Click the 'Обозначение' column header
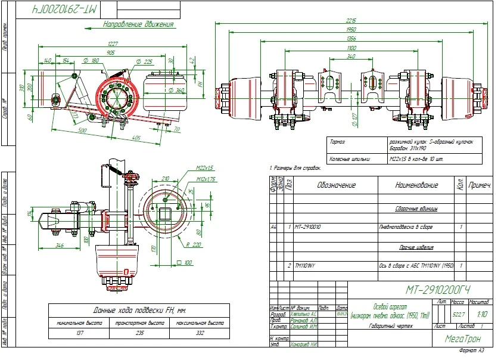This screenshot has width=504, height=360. pyautogui.click(x=337, y=185)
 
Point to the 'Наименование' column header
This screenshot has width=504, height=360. pyautogui.click(x=416, y=185)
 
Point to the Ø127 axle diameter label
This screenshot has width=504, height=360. pyautogui.click(x=354, y=122)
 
